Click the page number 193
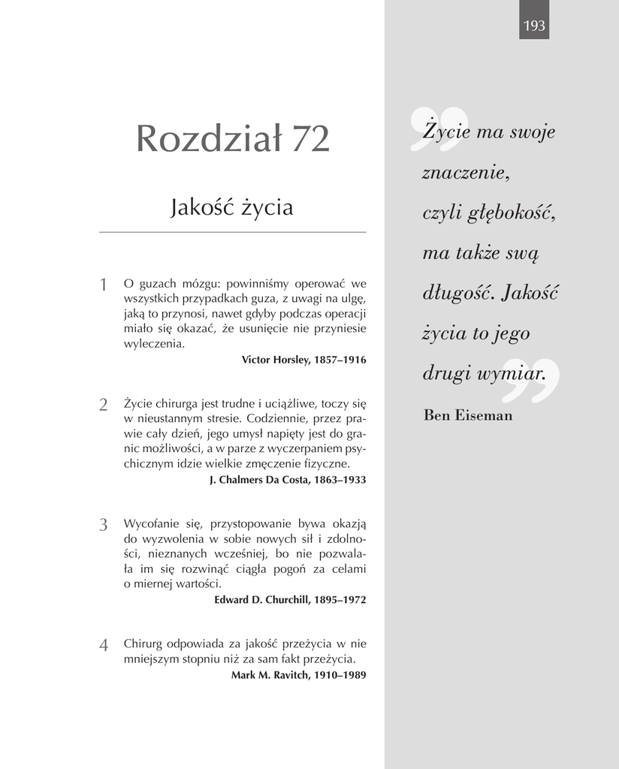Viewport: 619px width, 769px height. coord(534,26)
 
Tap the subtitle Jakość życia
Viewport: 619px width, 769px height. coord(232,207)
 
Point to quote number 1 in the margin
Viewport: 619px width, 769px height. coord(104,285)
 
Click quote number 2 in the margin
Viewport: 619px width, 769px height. coord(104,405)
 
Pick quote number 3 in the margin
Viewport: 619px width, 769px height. coord(104,525)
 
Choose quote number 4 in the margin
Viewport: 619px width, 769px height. coord(104,645)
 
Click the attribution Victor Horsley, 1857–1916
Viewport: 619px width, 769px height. coord(303,360)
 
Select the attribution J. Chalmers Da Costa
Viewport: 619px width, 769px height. coord(287,480)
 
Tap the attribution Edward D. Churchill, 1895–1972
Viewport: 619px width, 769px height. coord(290,600)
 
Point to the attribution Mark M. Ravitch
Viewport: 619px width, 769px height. coord(298,675)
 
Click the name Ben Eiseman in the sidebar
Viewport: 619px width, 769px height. coord(468,415)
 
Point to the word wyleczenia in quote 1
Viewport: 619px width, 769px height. coord(153,344)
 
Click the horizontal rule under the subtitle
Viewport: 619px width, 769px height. coord(232,233)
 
